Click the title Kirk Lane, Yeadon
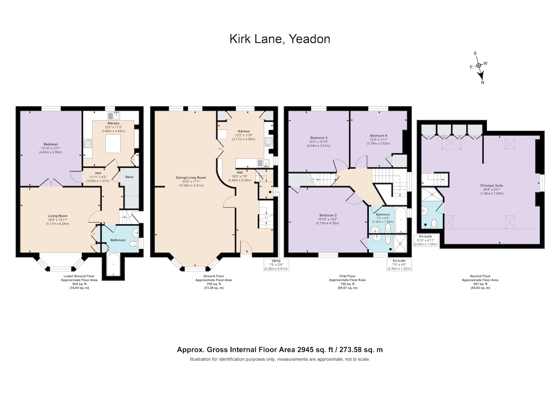(x=280, y=39)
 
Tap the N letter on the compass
(x=483, y=83)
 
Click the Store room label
(x=129, y=177)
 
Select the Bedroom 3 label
(x=319, y=138)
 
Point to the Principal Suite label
(x=491, y=186)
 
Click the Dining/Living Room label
(x=191, y=178)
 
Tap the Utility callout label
(x=276, y=261)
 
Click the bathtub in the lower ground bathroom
(x=113, y=264)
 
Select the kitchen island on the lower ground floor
(x=113, y=144)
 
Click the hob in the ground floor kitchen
(x=269, y=142)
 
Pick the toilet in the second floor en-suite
(x=434, y=223)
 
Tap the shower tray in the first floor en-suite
(x=400, y=243)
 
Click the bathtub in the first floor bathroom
(x=401, y=220)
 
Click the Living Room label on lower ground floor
(x=58, y=216)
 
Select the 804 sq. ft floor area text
(x=79, y=284)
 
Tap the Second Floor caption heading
(x=480, y=276)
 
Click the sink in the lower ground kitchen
(x=114, y=116)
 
